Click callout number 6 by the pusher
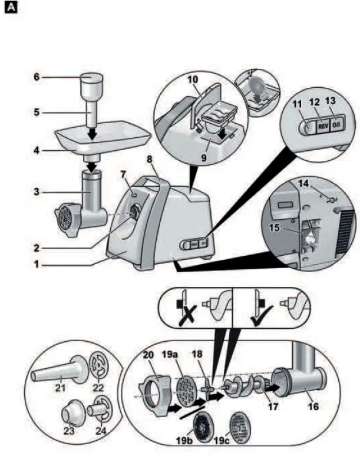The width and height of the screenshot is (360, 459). click(37, 76)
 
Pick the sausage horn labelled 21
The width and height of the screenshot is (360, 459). click(56, 371)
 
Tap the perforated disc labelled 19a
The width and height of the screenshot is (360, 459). click(189, 391)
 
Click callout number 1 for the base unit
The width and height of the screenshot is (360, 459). click(37, 266)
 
